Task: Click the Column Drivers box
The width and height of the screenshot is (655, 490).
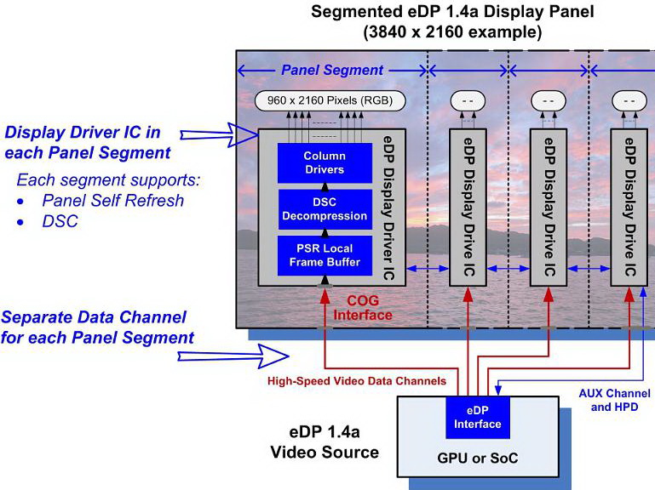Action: [325, 162]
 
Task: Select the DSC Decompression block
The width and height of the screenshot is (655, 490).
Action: [325, 209]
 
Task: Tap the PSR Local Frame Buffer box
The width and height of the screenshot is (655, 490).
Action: [325, 255]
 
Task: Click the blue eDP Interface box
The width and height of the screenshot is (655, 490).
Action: [477, 417]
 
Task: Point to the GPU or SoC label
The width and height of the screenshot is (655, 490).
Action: [479, 458]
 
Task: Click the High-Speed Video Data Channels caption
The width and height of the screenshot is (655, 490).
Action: [357, 380]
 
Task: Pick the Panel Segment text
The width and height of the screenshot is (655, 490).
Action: [332, 70]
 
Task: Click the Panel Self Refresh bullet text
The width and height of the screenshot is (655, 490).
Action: [113, 202]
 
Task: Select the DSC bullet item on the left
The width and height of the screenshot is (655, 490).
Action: [60, 222]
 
